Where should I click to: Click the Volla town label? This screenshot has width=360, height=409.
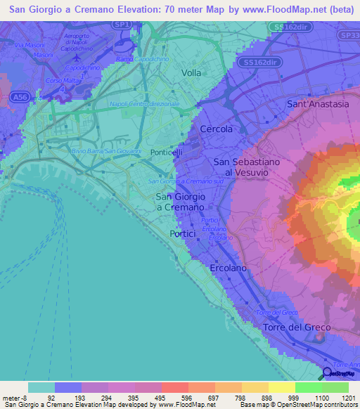tap(191, 72)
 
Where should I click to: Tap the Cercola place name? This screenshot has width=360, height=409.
tap(215, 130)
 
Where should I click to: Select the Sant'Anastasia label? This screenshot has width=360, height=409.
tap(318, 104)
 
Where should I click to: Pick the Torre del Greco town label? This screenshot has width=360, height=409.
tap(291, 328)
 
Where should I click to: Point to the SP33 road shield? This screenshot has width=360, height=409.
tap(349, 34)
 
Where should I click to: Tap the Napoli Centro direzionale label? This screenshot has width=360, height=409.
tap(145, 104)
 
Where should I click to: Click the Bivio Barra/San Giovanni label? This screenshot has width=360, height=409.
tap(106, 150)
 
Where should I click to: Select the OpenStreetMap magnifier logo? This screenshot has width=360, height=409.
tap(326, 373)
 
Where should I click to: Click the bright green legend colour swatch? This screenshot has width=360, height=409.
tap(309, 387)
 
